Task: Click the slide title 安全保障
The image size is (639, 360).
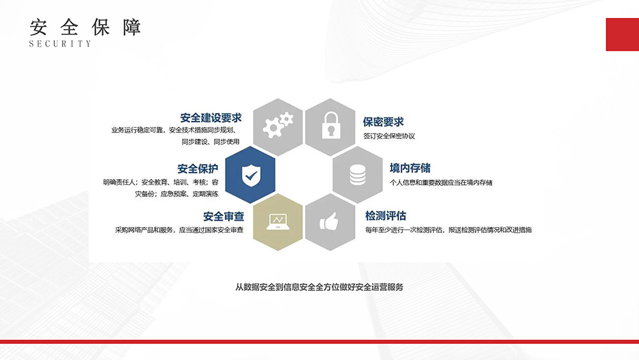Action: (85, 27)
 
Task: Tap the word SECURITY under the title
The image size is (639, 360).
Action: (60, 43)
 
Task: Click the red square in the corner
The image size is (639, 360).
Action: (622, 35)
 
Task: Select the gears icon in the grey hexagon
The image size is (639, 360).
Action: (278, 124)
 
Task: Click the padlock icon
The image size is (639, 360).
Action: (330, 125)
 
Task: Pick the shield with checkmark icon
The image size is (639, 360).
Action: (250, 175)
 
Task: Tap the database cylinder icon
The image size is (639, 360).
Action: (357, 175)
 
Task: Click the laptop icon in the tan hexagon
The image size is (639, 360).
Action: (278, 222)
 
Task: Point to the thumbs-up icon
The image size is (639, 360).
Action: (329, 222)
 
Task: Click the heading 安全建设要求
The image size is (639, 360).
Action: (211, 118)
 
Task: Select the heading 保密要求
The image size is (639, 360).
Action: (383, 121)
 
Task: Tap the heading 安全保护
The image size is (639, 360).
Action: (197, 168)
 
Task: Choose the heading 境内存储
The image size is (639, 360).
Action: (410, 168)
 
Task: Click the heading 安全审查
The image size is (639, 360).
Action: (223, 216)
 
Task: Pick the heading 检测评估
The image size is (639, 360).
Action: (385, 215)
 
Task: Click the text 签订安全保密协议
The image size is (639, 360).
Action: (389, 136)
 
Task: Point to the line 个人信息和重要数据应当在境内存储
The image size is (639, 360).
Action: (441, 182)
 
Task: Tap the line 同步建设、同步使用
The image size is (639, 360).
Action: (210, 142)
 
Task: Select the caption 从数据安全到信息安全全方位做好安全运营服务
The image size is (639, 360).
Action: (319, 287)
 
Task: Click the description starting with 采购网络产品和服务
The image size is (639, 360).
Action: (180, 230)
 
